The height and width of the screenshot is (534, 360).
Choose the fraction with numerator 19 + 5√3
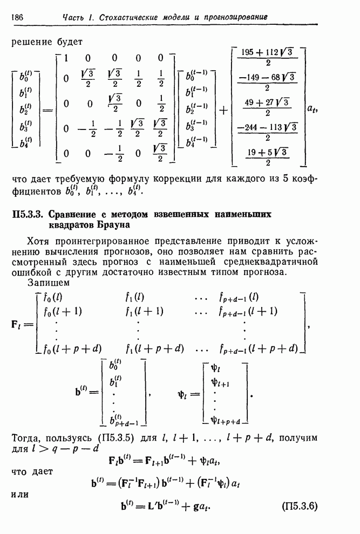tap(268, 157)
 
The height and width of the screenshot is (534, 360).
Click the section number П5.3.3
tap(31, 214)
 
